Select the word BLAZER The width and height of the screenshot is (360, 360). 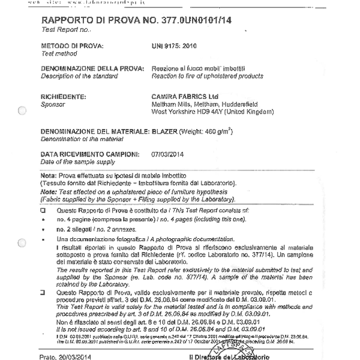click(164, 131)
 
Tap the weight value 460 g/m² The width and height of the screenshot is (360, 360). click(212, 131)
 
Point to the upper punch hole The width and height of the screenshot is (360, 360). click(22, 110)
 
